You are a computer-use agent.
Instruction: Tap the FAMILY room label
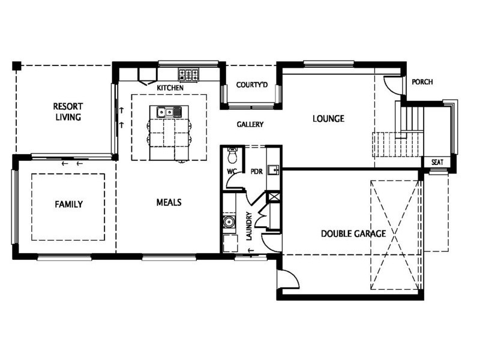(x=68, y=204)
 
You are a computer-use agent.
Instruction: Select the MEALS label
(x=169, y=202)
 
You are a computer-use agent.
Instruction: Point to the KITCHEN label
(x=170, y=88)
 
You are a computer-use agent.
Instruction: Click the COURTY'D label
(x=251, y=85)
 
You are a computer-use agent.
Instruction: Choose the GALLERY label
(x=250, y=124)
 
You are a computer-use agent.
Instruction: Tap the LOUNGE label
(x=328, y=119)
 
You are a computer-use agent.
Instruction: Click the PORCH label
(x=422, y=82)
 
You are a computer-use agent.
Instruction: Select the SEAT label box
(x=436, y=162)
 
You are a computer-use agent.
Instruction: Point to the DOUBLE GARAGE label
(x=353, y=233)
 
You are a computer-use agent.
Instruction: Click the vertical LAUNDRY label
(x=248, y=226)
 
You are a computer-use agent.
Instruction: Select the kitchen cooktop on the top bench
(x=188, y=75)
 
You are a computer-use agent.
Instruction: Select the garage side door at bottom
(x=287, y=279)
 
